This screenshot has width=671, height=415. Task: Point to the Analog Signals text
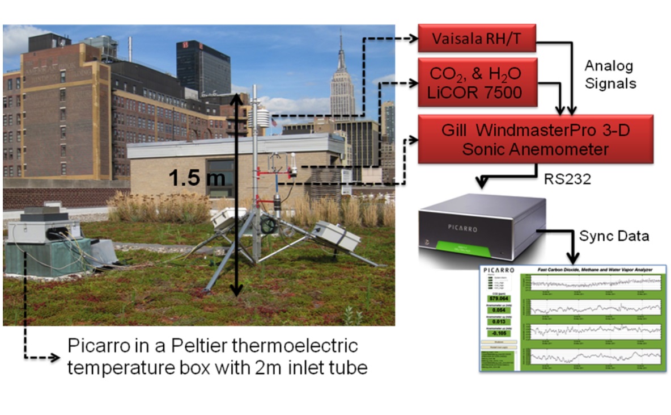(610, 74)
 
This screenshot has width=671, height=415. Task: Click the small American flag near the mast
(274, 121)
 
